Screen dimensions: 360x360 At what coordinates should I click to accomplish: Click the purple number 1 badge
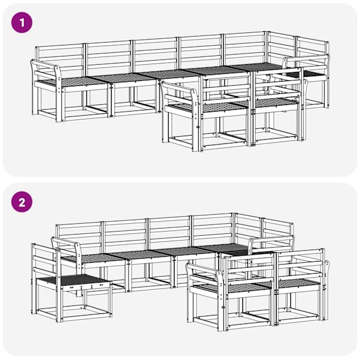click(x=22, y=23)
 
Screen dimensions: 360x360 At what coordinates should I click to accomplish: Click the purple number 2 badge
click(x=22, y=202)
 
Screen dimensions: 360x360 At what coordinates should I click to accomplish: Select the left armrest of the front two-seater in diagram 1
click(x=179, y=91)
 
